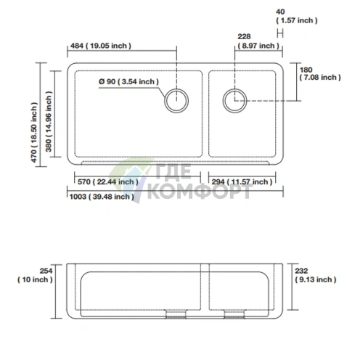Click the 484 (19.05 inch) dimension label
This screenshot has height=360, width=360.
click(x=101, y=46)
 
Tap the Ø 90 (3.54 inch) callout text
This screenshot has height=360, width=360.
click(x=128, y=81)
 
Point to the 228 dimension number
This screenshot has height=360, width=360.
click(x=244, y=36)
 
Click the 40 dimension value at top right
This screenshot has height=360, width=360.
click(x=280, y=12)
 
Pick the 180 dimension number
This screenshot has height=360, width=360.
click(x=306, y=70)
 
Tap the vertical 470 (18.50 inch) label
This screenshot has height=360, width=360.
click(x=34, y=132)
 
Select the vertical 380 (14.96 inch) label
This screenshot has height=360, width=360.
click(x=49, y=121)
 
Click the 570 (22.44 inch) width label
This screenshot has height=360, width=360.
click(x=108, y=181)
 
